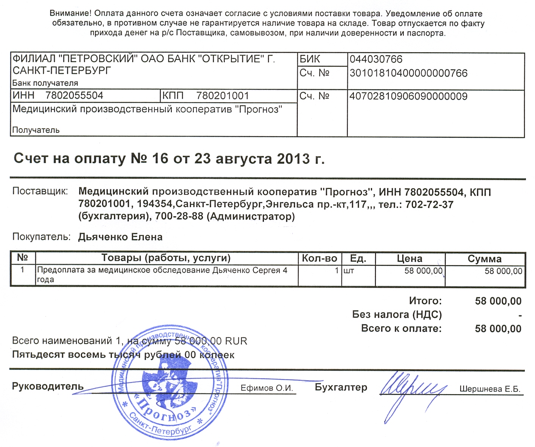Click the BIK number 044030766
tap(376, 60)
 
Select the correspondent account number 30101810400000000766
tap(408, 73)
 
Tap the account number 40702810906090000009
tap(408, 96)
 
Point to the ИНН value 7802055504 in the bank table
tap(74, 96)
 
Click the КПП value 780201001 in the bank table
tap(222, 96)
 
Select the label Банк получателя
tap(45, 83)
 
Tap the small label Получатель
tap(36, 130)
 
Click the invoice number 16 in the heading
tap(160, 158)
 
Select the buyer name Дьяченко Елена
tap(120, 237)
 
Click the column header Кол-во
tap(319, 259)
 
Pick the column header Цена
tap(409, 259)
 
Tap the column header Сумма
tap(484, 259)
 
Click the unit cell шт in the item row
tap(348, 271)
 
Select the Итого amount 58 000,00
tap(498, 301)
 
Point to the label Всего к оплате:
tap(401, 328)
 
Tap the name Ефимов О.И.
tap(267, 388)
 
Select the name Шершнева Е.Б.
tap(490, 389)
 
